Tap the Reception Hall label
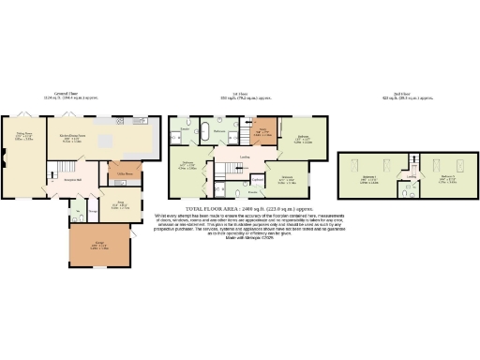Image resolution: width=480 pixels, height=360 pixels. point(74,179)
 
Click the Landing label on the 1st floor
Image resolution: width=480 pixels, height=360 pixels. point(244,157)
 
